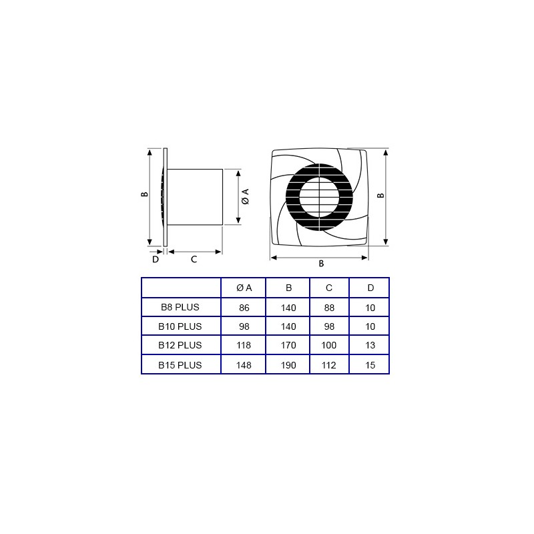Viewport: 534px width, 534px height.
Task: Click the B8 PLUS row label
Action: click(x=180, y=307)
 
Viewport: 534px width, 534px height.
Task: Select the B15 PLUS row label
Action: click(x=180, y=365)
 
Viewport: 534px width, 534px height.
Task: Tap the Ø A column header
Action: click(x=244, y=288)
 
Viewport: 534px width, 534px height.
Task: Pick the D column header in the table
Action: click(x=370, y=288)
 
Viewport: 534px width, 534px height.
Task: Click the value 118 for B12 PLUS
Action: click(x=244, y=345)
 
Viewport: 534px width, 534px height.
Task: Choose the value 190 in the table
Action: click(x=288, y=365)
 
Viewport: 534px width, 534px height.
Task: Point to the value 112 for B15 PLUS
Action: click(x=328, y=365)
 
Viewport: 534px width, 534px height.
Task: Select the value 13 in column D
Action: click(x=370, y=345)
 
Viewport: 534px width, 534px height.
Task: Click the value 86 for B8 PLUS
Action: click(x=244, y=308)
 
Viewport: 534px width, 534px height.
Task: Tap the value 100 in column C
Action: click(x=328, y=345)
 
